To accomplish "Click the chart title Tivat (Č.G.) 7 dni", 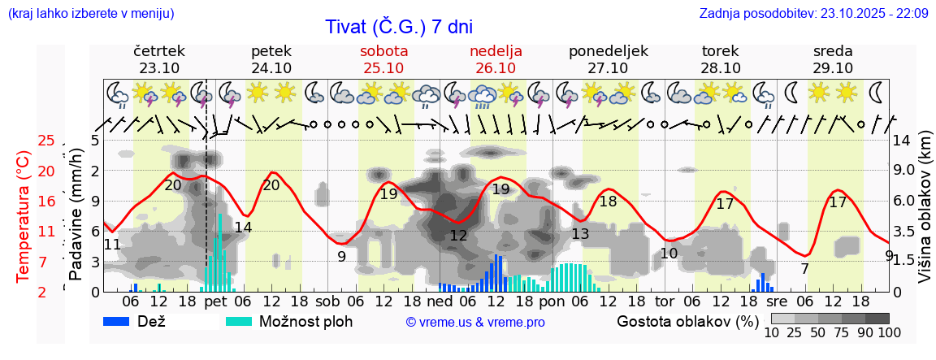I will [398, 27].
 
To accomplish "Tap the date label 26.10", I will [496, 68].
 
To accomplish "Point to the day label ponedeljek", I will [608, 51].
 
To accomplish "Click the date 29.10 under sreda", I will [833, 68].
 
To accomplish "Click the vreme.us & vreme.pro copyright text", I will [475, 322].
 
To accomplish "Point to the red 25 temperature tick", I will [46, 141].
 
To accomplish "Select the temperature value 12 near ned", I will [458, 236].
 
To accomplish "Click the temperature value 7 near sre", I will [804, 269].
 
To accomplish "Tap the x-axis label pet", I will [215, 301].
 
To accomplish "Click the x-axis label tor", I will [665, 301].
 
